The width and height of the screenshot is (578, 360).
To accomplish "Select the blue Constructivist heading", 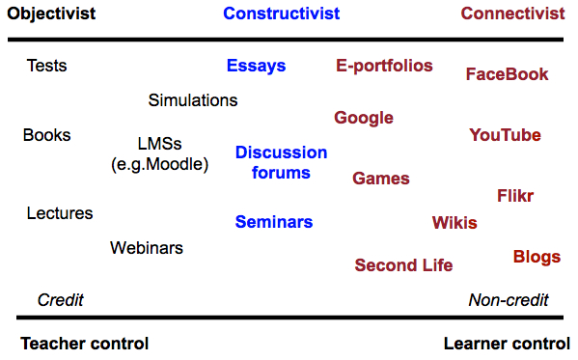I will pyautogui.click(x=281, y=14).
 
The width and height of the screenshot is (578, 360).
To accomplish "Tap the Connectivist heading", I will pyautogui.click(x=512, y=14).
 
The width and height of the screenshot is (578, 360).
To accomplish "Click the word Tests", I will pyautogui.click(x=46, y=67).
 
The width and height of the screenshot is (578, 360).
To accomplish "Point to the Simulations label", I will pyautogui.click(x=193, y=100).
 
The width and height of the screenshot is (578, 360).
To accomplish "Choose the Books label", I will pyautogui.click(x=46, y=135).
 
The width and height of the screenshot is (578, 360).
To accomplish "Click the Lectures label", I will pyautogui.click(x=60, y=213).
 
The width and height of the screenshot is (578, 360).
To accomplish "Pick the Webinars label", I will pyautogui.click(x=147, y=248).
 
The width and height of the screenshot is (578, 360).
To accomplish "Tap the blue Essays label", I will pyautogui.click(x=257, y=67).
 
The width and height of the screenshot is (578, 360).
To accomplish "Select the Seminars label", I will pyautogui.click(x=274, y=222).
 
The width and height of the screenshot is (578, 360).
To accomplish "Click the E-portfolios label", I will pyautogui.click(x=384, y=67).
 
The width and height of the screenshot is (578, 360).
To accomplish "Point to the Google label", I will pyautogui.click(x=364, y=119).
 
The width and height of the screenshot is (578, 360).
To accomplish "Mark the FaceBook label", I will pyautogui.click(x=507, y=74).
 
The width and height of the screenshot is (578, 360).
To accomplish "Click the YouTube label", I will pyautogui.click(x=505, y=135).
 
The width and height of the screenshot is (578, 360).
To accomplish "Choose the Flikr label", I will pyautogui.click(x=515, y=196).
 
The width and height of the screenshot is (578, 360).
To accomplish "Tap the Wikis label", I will pyautogui.click(x=454, y=223).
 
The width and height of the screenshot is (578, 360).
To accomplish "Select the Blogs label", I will pyautogui.click(x=537, y=257).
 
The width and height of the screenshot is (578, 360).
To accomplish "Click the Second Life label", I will pyautogui.click(x=403, y=265).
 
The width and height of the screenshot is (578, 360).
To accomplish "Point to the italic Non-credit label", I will pyautogui.click(x=509, y=300).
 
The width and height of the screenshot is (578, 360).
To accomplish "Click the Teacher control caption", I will pyautogui.click(x=85, y=344).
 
